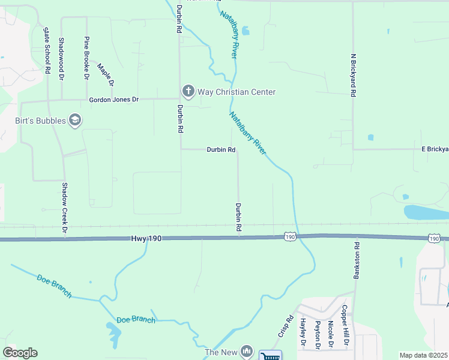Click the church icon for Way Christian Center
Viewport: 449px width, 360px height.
point(188,91)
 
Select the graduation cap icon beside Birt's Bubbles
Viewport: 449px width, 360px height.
point(76,121)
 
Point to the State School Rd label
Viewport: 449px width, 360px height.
point(47,50)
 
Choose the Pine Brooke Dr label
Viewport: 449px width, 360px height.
point(87,58)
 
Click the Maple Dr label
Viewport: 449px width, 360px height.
point(106,74)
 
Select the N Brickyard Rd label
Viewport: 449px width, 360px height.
point(354,75)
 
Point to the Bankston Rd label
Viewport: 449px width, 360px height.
point(357,257)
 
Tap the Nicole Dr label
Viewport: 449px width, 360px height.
point(330,334)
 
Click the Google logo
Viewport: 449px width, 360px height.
point(20,353)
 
